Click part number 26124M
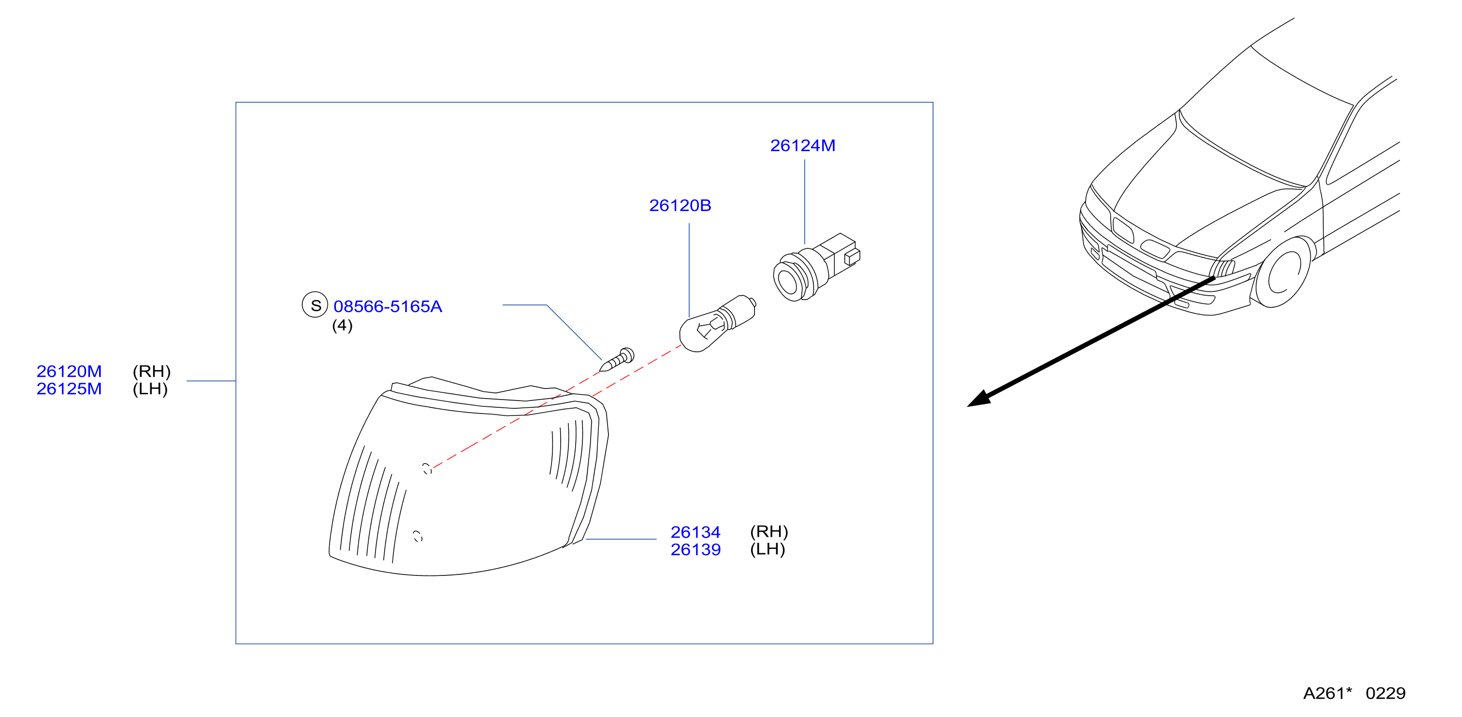point(802,146)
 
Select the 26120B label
point(680,205)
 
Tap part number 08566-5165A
point(388,306)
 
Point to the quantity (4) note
point(342,326)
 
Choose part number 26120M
point(69,371)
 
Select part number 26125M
point(69,388)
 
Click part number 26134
point(695,532)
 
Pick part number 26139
point(695,550)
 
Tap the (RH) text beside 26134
point(769,531)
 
